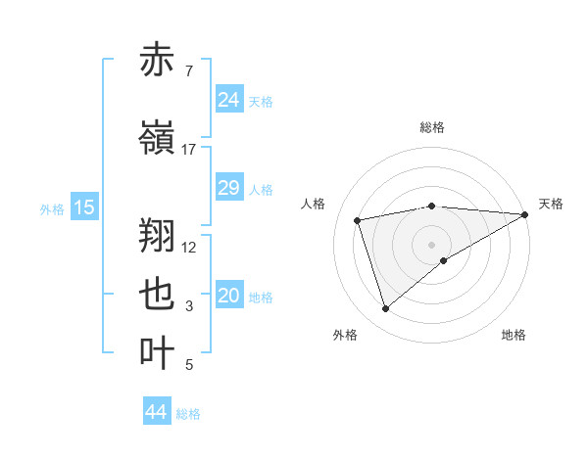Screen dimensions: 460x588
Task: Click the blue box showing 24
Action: pyautogui.click(x=228, y=100)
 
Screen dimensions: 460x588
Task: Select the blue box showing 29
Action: pyautogui.click(x=228, y=188)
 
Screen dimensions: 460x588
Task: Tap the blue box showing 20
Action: pyautogui.click(x=228, y=297)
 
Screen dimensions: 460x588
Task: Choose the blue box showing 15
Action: pyautogui.click(x=83, y=207)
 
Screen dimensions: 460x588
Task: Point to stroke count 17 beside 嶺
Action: pyautogui.click(x=189, y=150)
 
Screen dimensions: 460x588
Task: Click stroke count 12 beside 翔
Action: pyautogui.click(x=190, y=247)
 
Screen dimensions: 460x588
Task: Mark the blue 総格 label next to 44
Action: pyautogui.click(x=188, y=414)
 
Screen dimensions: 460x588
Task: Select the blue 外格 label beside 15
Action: pyautogui.click(x=52, y=208)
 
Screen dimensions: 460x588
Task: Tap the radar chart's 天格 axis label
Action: pyautogui.click(x=551, y=204)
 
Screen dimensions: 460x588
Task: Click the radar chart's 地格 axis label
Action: pyautogui.click(x=514, y=335)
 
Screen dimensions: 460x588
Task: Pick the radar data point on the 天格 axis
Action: pyautogui.click(x=526, y=213)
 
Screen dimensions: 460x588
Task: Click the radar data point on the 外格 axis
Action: pyautogui.click(x=385, y=309)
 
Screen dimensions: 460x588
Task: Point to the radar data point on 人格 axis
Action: pyautogui.click(x=358, y=219)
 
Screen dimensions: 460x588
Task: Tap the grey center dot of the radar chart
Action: pyautogui.click(x=432, y=244)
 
